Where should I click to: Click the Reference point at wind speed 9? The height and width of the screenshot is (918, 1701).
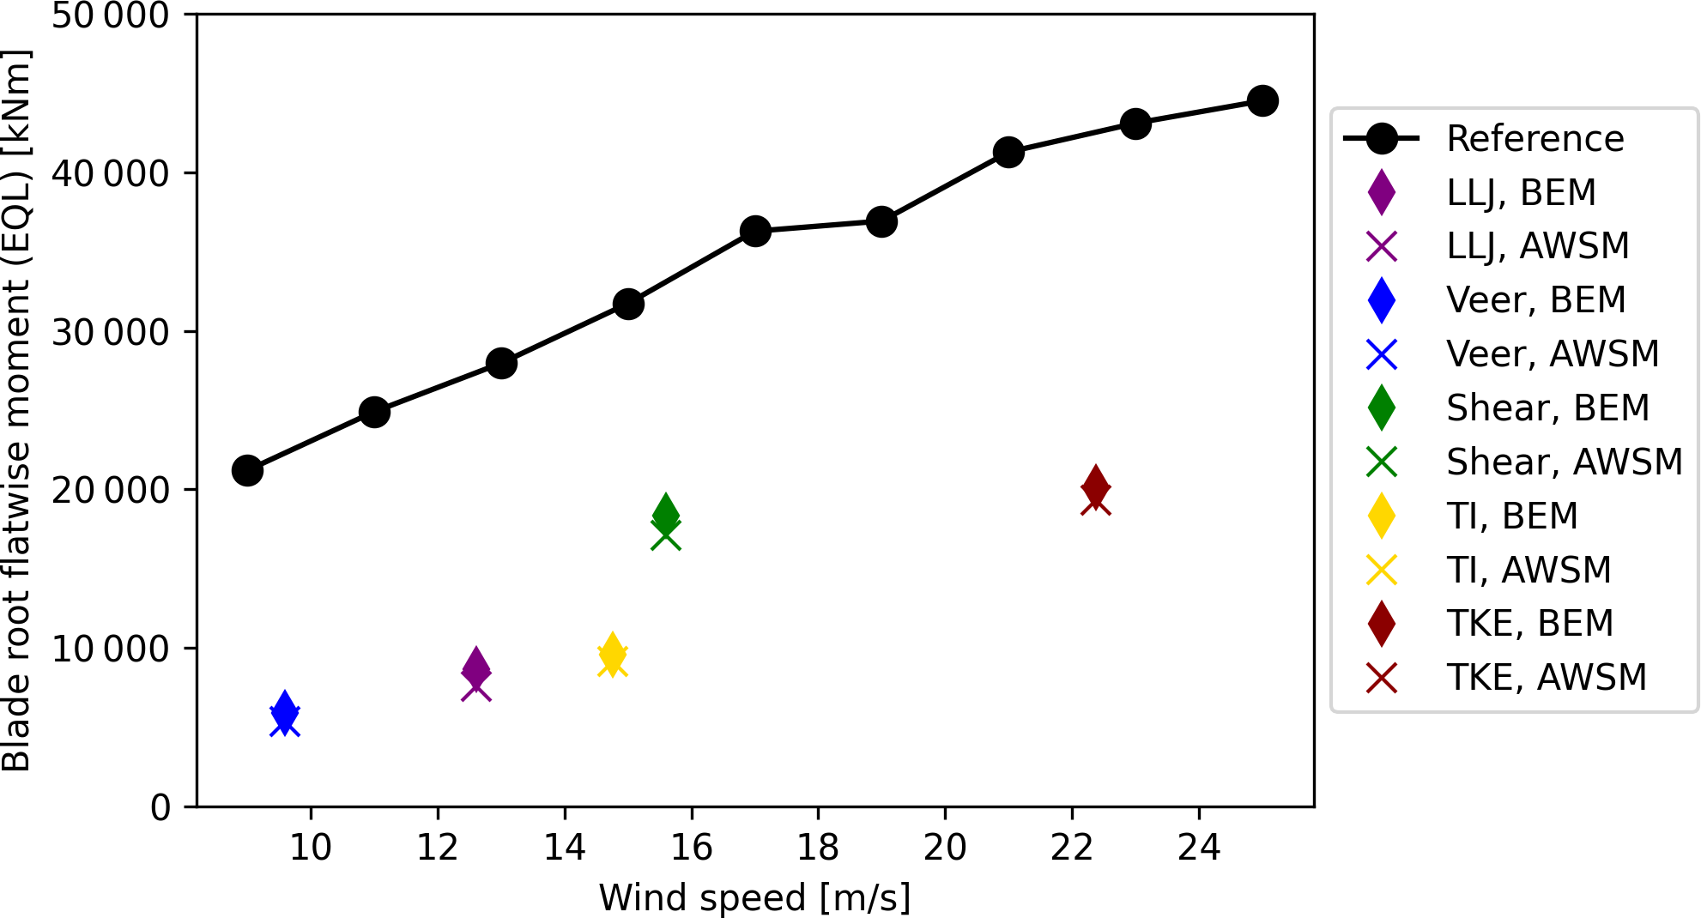[x=247, y=470]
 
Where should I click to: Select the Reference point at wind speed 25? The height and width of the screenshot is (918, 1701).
[x=1262, y=100]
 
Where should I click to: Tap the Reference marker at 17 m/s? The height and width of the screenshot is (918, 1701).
[x=755, y=231]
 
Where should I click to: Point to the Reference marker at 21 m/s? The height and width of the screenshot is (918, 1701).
[x=1008, y=153]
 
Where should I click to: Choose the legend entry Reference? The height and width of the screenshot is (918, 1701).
[x=1535, y=138]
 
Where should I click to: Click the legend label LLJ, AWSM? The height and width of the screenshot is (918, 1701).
[x=1537, y=246]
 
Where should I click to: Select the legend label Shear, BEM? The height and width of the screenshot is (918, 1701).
[x=1547, y=408]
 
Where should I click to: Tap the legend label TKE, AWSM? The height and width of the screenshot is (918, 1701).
[x=1547, y=678]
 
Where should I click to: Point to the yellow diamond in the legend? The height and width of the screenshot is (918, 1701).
[x=1382, y=516]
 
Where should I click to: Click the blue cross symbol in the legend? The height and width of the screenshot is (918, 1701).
[x=1382, y=354]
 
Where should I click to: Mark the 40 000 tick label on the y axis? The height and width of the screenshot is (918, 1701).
[x=111, y=173]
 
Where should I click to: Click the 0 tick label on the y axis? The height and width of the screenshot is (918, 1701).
[x=160, y=807]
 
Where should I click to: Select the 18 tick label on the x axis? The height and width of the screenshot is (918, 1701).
[x=818, y=849]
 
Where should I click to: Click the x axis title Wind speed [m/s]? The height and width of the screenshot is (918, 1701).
[x=754, y=898]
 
